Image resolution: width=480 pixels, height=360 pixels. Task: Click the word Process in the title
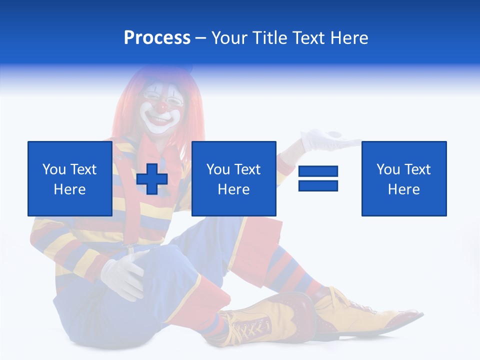tap(157, 38)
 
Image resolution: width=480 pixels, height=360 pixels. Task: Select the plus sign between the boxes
tap(152, 178)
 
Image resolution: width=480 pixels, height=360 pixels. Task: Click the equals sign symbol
tap(318, 178)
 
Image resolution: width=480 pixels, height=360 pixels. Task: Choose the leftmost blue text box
tap(70, 178)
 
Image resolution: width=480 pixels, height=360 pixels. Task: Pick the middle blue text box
tap(233, 178)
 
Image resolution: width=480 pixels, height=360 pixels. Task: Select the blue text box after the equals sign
tap(403, 178)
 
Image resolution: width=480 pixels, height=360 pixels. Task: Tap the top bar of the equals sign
tap(318, 171)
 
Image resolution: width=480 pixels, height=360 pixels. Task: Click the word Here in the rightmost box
tap(403, 189)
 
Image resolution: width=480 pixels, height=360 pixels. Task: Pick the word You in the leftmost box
tap(54, 169)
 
